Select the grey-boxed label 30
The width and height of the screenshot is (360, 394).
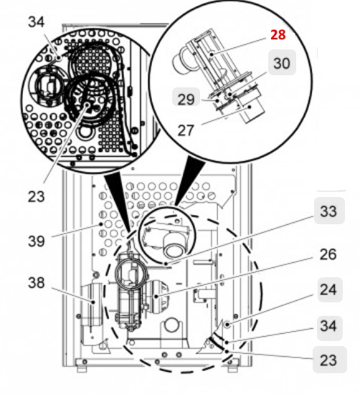pos(283,63)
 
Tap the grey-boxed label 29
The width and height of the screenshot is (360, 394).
pos(186,100)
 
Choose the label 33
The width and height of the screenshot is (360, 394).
pos(328,212)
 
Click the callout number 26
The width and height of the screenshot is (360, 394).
pos(328,253)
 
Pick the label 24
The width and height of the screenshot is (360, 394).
pos(328,291)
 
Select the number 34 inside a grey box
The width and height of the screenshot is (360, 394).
pos(328,326)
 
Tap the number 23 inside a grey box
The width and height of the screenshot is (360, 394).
pos(328,360)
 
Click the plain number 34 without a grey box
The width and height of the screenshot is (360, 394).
pos(36,22)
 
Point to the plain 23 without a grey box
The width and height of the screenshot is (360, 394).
pos(37,194)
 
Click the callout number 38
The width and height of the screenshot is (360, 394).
pos(37,282)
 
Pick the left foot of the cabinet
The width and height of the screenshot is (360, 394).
pos(81,368)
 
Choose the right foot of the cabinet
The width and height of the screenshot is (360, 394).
pos(232,368)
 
